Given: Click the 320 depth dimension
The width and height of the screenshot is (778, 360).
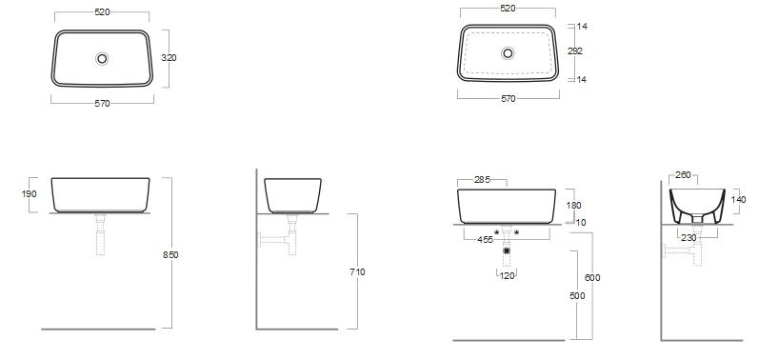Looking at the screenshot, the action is [169, 57].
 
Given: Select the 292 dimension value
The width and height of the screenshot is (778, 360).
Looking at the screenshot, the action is [575, 50].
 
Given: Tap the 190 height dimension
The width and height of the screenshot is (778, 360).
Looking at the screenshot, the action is [30, 193].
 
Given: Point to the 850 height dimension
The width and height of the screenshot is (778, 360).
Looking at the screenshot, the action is [170, 254].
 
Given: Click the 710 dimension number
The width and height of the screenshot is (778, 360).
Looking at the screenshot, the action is [357, 271].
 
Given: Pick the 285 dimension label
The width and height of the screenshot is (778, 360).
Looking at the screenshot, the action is [482, 180].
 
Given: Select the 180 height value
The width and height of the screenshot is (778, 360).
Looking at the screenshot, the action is [572, 205].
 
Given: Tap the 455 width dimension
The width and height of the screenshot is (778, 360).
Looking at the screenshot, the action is [485, 240].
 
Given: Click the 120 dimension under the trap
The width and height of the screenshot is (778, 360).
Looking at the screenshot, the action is [508, 276].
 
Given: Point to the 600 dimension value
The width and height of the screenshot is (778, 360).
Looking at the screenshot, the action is [592, 277].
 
